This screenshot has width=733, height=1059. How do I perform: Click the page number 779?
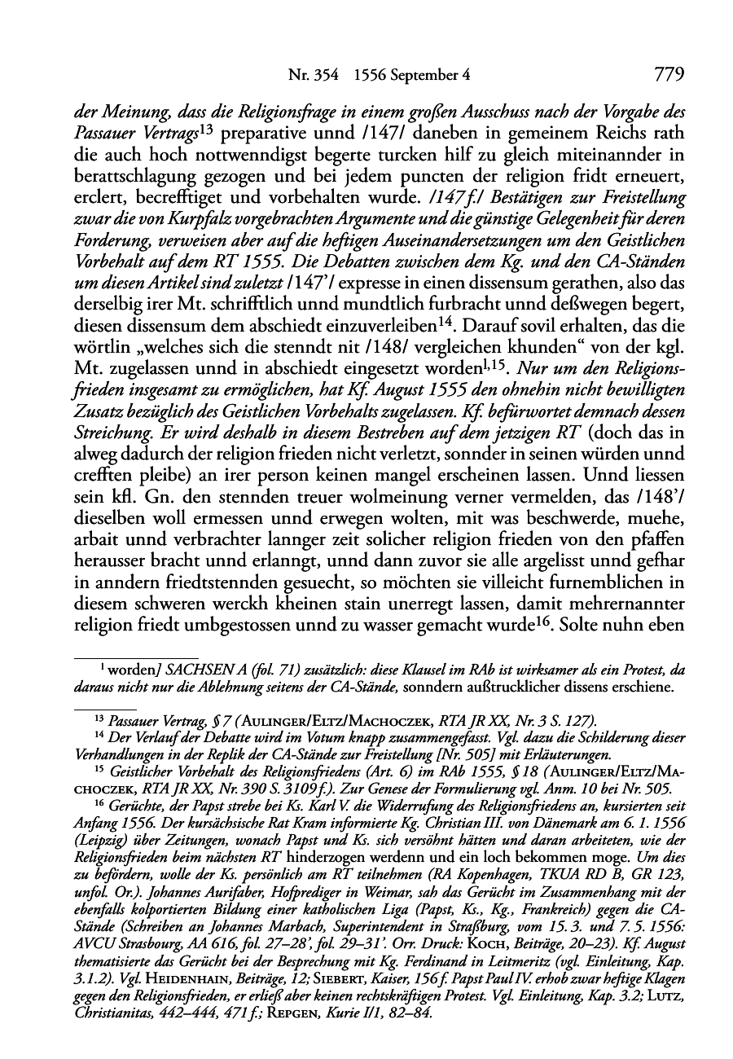(x=668, y=76)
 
